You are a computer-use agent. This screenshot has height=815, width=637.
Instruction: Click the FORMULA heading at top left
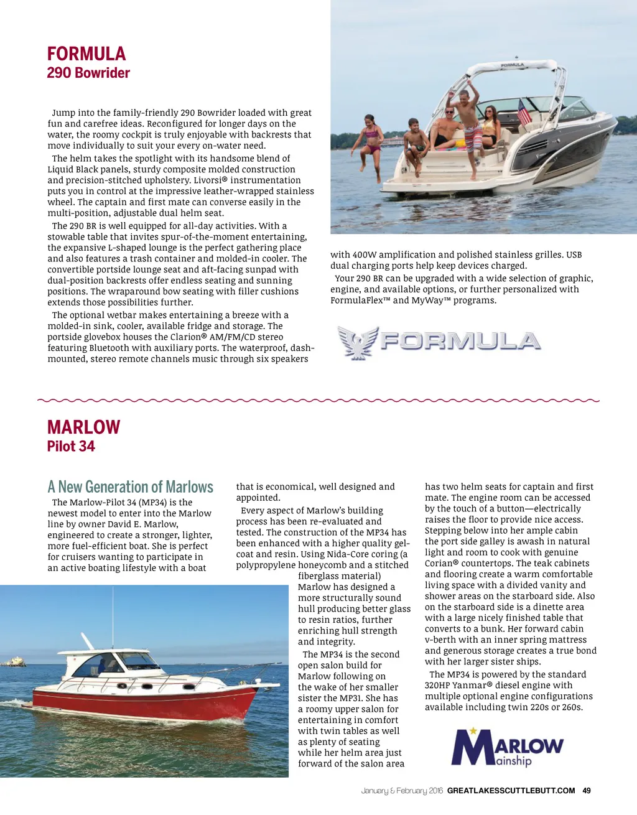tap(86, 54)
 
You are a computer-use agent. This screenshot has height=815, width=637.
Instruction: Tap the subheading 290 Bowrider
tap(88, 73)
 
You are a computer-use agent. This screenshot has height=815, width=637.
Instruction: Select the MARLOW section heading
tap(83, 427)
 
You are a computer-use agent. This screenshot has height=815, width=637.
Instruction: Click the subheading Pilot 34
tap(71, 446)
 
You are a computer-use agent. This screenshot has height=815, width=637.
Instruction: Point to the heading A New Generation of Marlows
tap(131, 487)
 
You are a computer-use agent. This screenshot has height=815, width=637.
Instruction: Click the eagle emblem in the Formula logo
tap(358, 342)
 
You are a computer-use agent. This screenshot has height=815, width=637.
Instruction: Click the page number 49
tap(587, 791)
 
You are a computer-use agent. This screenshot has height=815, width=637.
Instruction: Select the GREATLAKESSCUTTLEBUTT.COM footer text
tap(511, 791)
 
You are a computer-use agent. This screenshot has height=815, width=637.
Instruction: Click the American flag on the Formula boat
tap(524, 113)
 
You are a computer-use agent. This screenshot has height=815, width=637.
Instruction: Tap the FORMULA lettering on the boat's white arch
tap(513, 65)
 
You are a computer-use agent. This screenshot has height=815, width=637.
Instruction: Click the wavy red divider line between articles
tap(318, 400)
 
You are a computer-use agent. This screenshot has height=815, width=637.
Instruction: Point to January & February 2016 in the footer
tap(402, 791)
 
